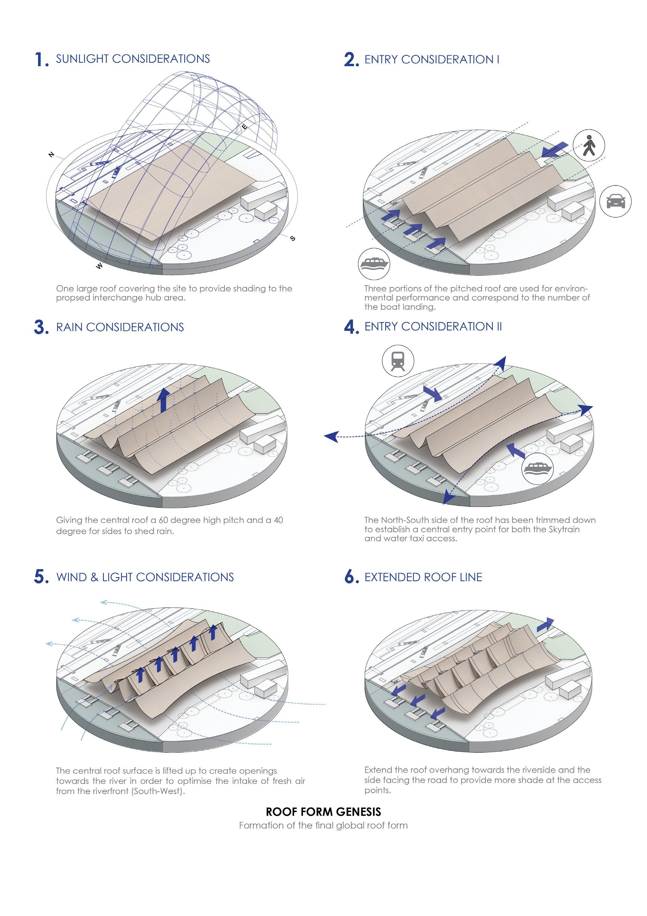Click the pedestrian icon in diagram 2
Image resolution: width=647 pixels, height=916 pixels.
point(589,146)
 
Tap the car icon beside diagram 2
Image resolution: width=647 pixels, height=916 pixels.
point(615,201)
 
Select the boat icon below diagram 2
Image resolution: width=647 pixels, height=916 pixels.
point(373,264)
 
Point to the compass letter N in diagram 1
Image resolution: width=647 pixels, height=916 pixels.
point(51,155)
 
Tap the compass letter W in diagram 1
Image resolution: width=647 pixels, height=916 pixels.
point(99,266)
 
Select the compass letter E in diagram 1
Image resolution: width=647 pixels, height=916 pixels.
point(244,127)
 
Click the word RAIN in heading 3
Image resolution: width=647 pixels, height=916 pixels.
point(69,327)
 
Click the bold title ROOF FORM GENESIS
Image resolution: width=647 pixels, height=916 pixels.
point(323,812)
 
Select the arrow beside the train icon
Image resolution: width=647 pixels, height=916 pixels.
point(432,393)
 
